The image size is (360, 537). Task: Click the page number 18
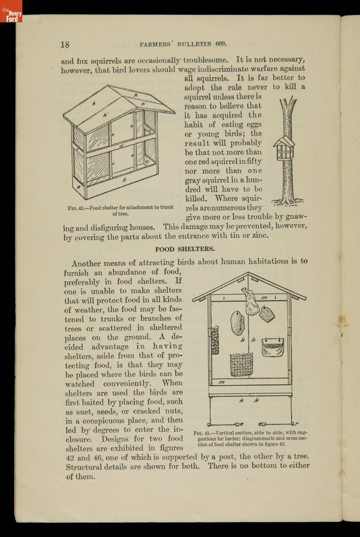pyautogui.click(x=65, y=44)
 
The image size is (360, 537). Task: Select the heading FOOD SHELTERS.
pyautogui.click(x=185, y=248)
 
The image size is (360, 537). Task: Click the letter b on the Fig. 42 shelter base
pyautogui.click(x=125, y=179)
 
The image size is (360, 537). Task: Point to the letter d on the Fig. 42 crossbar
pyautogui.click(x=121, y=146)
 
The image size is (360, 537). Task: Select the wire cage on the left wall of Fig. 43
pyautogui.click(x=215, y=340)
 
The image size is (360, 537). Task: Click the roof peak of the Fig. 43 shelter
pyautogui.click(x=250, y=274)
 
